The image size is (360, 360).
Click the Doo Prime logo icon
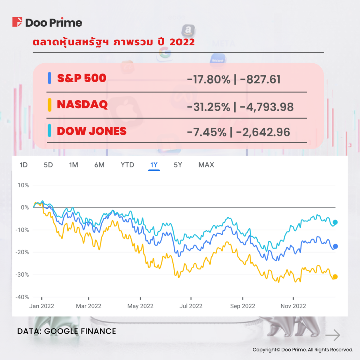[17, 22]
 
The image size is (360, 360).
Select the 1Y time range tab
[154, 165]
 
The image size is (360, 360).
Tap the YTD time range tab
[127, 165]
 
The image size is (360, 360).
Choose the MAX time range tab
[206, 165]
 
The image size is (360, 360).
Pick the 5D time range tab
[48, 165]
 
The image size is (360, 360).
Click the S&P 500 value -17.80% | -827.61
[234, 79]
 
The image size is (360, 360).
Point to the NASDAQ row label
[82, 105]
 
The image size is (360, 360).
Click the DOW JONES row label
[91, 131]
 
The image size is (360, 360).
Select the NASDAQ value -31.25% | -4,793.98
[240, 105]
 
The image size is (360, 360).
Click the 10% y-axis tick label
[23, 185]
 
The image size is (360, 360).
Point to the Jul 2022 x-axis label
[191, 306]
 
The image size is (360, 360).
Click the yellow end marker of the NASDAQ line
[335, 277]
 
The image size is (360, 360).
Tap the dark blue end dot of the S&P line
[335, 246]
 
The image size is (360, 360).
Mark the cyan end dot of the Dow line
[335, 222]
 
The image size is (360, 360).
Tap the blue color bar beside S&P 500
[50, 78]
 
